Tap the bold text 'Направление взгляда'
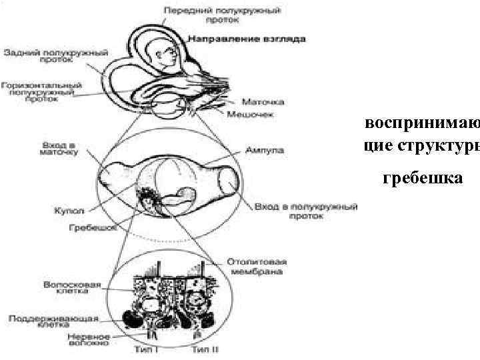[x=247, y=39]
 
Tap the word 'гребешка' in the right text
[x=422, y=177]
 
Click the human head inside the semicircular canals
[x=164, y=55]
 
